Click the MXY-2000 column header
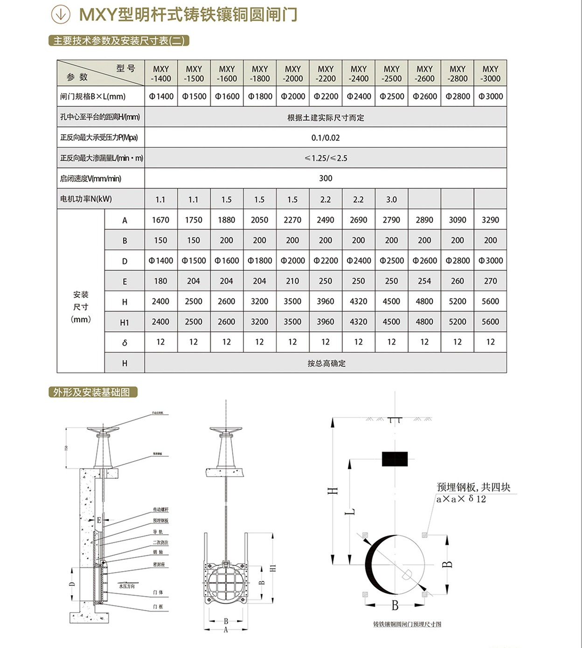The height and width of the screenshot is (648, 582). coord(293,74)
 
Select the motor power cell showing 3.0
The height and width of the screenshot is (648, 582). coord(391,200)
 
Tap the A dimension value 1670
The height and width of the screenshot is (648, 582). coord(160,220)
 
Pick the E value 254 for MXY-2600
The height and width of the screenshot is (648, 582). coord(424,281)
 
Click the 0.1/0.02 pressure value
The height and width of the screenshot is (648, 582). coord(326,138)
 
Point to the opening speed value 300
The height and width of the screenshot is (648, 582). coord(326,178)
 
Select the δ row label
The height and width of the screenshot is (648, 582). coord(125,343)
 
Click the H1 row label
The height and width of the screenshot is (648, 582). coord(125,322)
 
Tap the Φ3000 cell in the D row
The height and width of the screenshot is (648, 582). coord(491,261)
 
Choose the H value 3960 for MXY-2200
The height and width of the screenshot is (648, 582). coord(326,302)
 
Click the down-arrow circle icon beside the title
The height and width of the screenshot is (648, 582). coord(61,14)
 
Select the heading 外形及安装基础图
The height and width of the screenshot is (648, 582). coord(92,393)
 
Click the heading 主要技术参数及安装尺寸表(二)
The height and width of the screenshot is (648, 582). coord(118,41)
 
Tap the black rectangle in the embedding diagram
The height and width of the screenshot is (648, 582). coord(395,459)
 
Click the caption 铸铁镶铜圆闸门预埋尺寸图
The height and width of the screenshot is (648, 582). coord(407,624)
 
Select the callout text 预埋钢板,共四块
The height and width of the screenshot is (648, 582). coord(473,487)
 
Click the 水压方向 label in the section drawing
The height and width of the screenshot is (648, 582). coord(126,586)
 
